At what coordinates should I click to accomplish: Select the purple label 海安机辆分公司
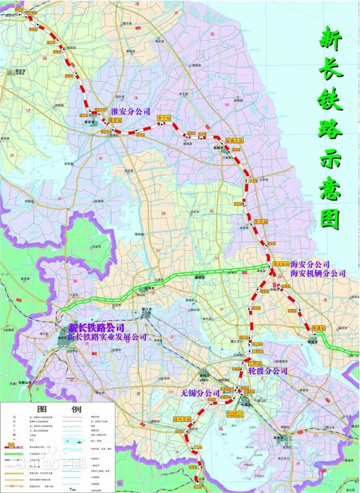point(318,273)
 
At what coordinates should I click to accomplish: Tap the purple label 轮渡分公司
point(268,371)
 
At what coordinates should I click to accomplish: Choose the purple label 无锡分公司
point(200,392)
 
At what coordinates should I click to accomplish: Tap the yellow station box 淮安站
point(115,120)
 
